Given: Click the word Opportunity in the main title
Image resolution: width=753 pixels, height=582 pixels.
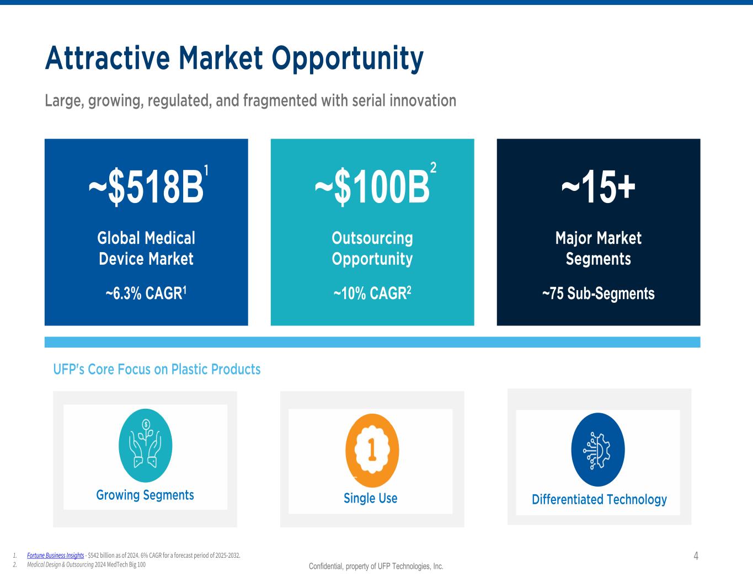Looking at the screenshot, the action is click(x=348, y=59).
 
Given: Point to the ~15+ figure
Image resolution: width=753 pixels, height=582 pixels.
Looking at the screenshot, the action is click(x=599, y=187).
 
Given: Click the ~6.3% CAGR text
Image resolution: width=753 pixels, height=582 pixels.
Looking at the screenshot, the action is click(x=146, y=293).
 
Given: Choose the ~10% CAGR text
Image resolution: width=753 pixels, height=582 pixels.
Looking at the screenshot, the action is click(x=372, y=293).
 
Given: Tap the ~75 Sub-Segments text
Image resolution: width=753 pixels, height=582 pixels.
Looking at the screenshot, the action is click(x=599, y=293).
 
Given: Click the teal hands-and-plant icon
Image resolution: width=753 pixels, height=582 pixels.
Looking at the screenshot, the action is click(x=146, y=446).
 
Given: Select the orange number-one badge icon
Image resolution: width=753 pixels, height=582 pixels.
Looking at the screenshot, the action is click(x=372, y=450).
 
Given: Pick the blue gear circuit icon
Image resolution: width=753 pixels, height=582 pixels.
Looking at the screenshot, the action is click(x=598, y=449).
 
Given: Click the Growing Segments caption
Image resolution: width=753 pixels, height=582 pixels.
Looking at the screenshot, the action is click(x=145, y=495).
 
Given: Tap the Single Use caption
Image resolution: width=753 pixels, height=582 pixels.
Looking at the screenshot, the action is click(x=371, y=498).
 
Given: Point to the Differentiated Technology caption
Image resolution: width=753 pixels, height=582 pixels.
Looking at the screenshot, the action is click(x=599, y=500).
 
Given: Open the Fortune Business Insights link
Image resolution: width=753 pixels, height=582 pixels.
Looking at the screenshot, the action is click(x=56, y=556).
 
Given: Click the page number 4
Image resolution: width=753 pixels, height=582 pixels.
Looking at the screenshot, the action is click(x=696, y=556).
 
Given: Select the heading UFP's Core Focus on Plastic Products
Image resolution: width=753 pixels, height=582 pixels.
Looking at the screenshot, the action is click(x=157, y=369).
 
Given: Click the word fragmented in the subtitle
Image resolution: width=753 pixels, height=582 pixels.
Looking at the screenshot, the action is click(x=280, y=100).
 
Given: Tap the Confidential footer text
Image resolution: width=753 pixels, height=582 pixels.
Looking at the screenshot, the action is click(x=376, y=567).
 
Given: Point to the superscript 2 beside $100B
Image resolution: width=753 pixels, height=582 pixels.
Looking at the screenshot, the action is click(x=433, y=167).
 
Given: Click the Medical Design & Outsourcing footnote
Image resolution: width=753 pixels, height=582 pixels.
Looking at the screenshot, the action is click(x=86, y=565).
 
